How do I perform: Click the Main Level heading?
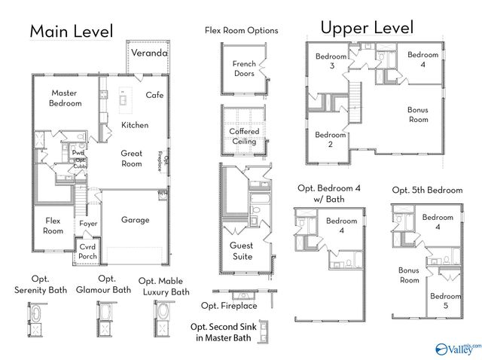[72, 31]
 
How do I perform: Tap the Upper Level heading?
[367, 28]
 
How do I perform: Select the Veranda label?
[149, 53]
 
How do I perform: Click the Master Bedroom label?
[66, 98]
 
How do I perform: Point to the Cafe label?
[154, 95]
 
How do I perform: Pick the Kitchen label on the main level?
[135, 125]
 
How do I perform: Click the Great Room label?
[132, 158]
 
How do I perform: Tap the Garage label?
[136, 220]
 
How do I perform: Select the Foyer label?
[88, 224]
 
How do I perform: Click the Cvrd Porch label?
[88, 252]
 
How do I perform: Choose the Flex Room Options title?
[241, 31]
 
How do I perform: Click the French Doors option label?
[243, 69]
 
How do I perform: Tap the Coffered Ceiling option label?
[244, 136]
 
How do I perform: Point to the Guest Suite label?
[241, 251]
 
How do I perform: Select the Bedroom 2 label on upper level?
[330, 140]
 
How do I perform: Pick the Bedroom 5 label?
[444, 301]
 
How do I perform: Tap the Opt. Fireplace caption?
[229, 306]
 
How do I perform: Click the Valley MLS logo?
[456, 349]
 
